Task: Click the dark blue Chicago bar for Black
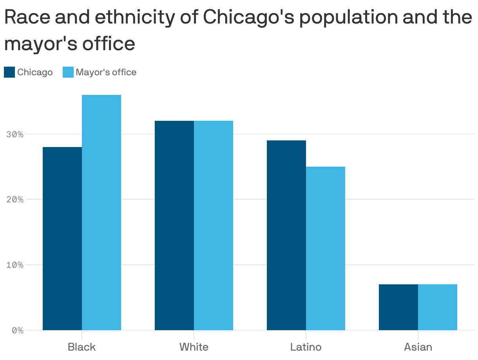(62, 238)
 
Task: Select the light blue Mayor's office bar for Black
(101, 212)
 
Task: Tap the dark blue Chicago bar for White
(174, 225)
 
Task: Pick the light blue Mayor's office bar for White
(214, 225)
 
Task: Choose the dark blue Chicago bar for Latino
(286, 235)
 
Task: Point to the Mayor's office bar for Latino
(326, 248)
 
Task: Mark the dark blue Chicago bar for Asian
(398, 307)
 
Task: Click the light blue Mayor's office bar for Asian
(438, 307)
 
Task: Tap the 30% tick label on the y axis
(15, 134)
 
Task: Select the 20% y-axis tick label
(15, 199)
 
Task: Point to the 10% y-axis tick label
(15, 265)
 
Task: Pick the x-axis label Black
(81, 347)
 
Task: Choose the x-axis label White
(194, 347)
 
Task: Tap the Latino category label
(306, 347)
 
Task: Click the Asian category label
(418, 347)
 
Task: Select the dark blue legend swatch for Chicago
(9, 72)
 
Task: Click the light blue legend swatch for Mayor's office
(68, 72)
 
